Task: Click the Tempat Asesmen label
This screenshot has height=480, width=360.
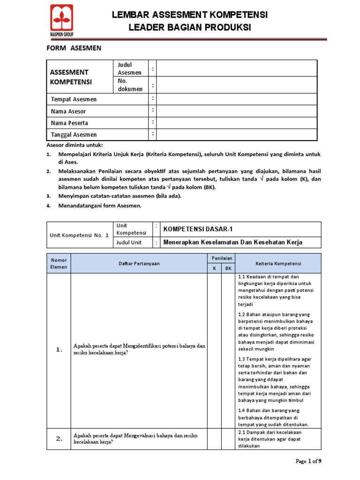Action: (74, 99)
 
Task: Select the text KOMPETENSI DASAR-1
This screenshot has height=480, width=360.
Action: (197, 229)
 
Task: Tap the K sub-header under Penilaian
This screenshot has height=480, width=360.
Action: (215, 269)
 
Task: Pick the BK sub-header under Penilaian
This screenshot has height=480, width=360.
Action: (228, 269)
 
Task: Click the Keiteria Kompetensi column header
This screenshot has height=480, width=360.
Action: (278, 263)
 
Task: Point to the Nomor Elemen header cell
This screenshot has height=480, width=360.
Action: (59, 263)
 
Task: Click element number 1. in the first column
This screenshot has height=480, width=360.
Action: (59, 350)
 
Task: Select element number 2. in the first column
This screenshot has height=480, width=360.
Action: (59, 439)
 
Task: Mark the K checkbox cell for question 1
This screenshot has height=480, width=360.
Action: (215, 350)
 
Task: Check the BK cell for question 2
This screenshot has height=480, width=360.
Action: (228, 439)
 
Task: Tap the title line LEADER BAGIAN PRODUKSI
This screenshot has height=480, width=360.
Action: (189, 28)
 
